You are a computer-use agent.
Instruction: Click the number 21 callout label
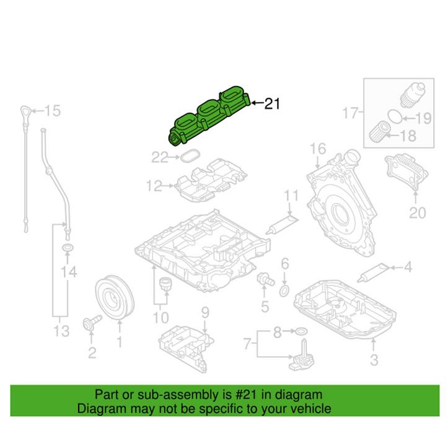(272, 104)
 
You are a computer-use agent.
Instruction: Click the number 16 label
(317, 149)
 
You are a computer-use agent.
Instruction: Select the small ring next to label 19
(393, 115)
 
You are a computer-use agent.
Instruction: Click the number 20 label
(417, 214)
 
